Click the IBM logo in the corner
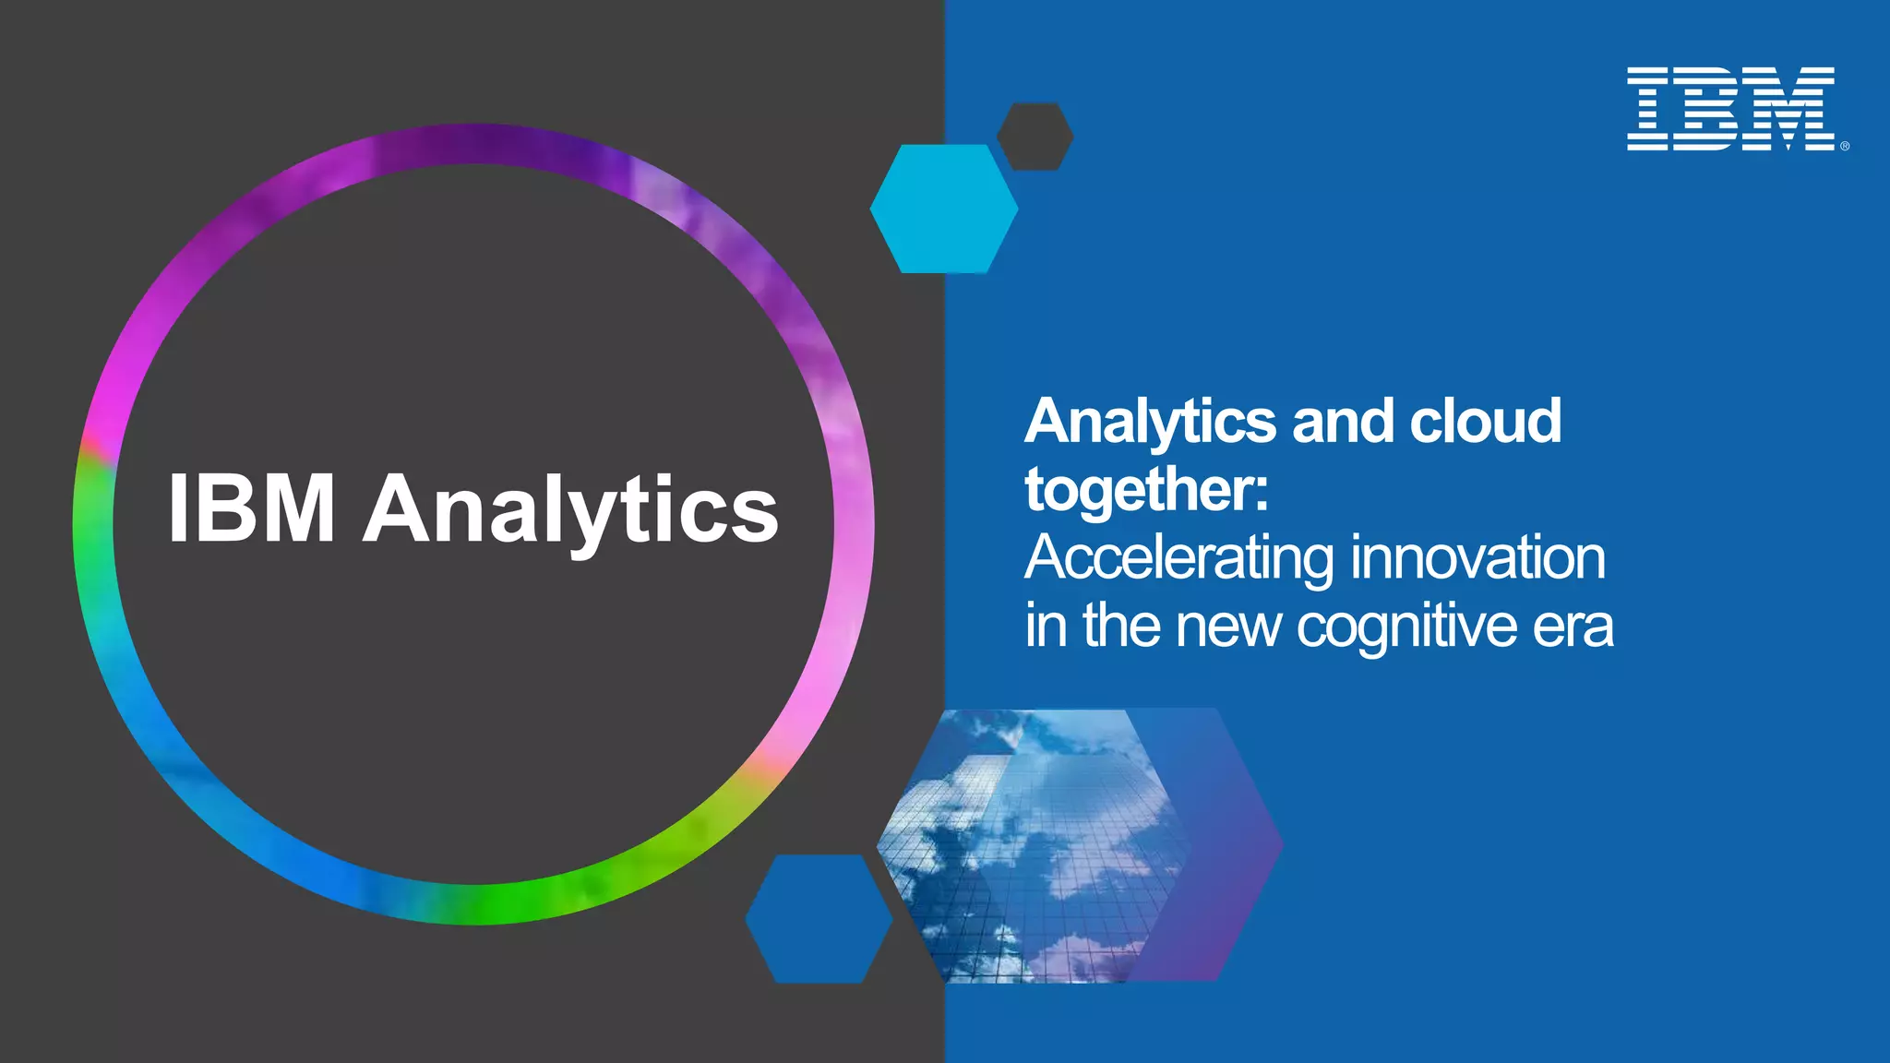(1730, 108)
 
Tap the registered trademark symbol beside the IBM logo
(1845, 146)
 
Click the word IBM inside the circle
(252, 508)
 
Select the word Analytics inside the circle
(571, 510)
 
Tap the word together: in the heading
(1147, 489)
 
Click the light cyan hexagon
(943, 209)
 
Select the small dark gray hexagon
(1035, 137)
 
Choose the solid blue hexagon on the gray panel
(819, 918)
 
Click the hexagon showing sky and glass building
(1024, 844)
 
